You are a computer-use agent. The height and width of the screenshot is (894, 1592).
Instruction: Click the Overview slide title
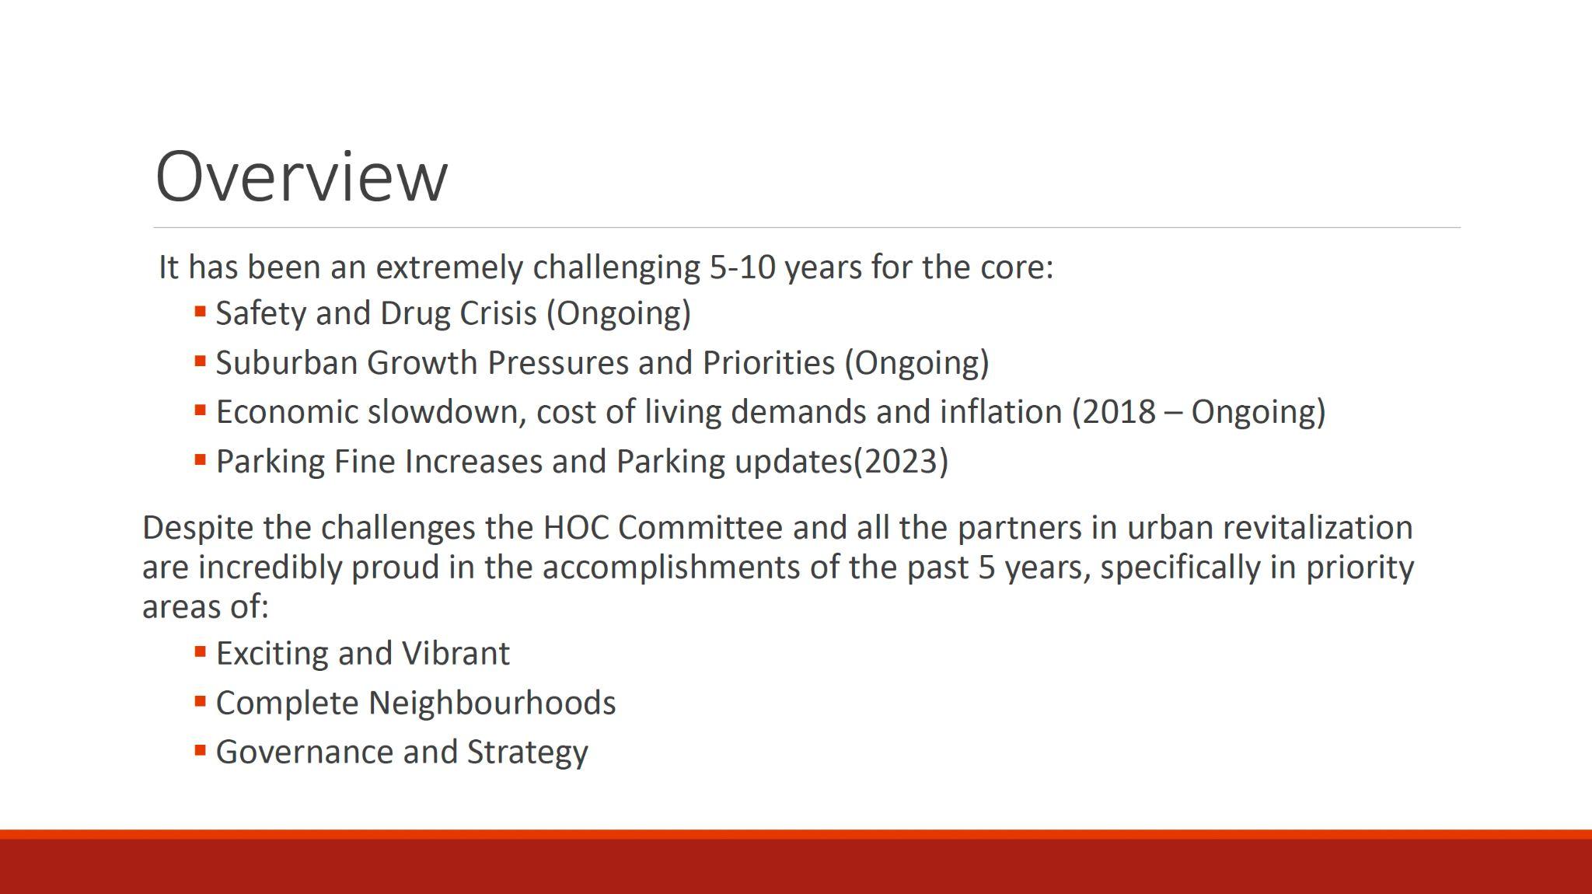click(302, 176)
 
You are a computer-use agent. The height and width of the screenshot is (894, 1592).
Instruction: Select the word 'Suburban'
click(286, 363)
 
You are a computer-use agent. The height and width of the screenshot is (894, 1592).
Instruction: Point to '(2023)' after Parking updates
click(901, 462)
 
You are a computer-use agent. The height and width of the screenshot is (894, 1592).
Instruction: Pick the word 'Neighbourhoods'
click(492, 703)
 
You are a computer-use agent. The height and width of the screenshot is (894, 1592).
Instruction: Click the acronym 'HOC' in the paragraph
click(575, 528)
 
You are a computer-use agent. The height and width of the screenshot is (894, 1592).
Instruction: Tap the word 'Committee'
click(700, 528)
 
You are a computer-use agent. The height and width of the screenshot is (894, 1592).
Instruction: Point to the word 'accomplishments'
click(671, 568)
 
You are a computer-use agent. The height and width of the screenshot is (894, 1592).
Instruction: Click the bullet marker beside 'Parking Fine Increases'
click(200, 459)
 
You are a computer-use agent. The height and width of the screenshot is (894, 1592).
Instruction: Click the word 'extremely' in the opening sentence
click(449, 268)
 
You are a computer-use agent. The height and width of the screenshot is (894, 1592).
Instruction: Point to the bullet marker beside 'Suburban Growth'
click(200, 361)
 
